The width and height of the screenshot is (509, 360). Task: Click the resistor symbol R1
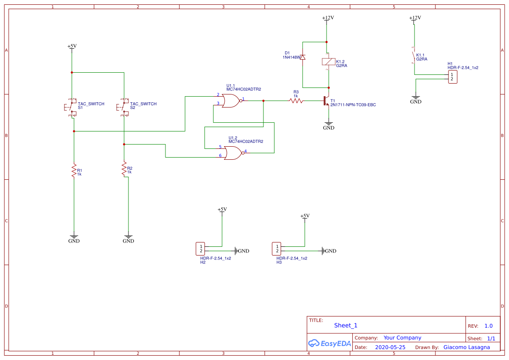click(74, 170)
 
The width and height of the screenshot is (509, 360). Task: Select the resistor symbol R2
click(124, 168)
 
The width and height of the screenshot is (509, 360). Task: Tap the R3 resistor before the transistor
click(296, 101)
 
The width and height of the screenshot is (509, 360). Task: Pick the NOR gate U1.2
click(233, 153)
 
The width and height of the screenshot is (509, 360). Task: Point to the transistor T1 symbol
click(327, 101)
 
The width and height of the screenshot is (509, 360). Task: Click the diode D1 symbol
click(303, 57)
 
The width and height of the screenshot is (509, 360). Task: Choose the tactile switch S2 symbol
click(122, 107)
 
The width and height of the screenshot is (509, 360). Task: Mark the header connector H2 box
click(200, 249)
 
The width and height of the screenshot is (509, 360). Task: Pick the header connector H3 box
click(276, 249)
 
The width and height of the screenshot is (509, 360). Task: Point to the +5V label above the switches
click(72, 46)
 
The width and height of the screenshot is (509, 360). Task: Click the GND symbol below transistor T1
click(329, 126)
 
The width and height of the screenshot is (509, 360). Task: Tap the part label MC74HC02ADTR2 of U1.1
click(243, 89)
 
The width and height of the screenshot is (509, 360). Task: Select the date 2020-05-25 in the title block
click(390, 347)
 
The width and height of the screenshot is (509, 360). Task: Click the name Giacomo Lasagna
click(466, 347)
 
